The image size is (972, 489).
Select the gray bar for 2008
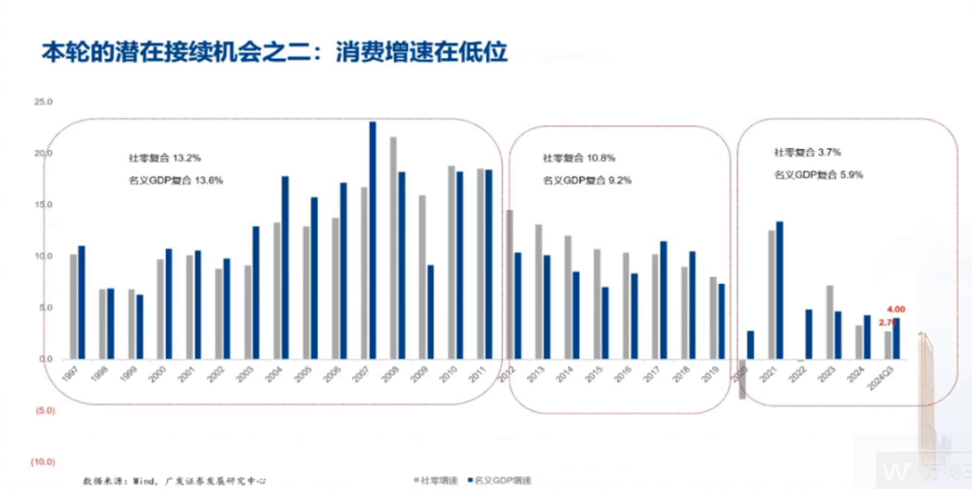[393, 248]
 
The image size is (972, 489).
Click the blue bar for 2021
[779, 290]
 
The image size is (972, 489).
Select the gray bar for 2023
[829, 322]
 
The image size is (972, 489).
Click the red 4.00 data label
[897, 310]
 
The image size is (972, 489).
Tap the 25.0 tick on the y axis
[43, 102]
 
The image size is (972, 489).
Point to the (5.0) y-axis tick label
[43, 411]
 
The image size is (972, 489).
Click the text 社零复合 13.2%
[164, 157]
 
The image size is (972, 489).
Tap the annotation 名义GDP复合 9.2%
[588, 179]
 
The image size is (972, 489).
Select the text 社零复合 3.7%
[807, 152]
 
